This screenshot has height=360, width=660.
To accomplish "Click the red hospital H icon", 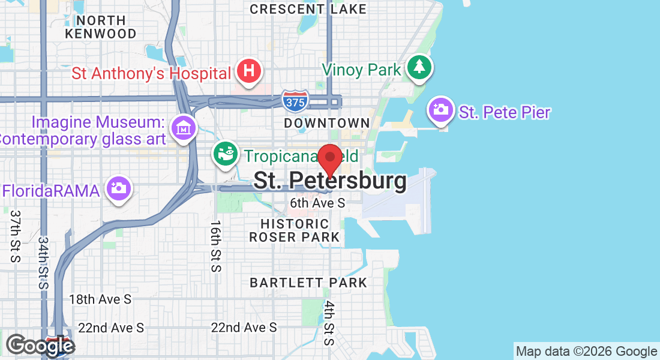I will click(249, 71).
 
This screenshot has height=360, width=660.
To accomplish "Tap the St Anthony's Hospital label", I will click(151, 74).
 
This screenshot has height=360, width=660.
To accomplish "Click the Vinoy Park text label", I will click(361, 70).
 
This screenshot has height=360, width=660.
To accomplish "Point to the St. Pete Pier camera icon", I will click(441, 109).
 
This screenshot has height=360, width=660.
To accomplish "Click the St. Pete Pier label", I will click(505, 112).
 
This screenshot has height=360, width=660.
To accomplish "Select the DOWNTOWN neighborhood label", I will click(327, 123).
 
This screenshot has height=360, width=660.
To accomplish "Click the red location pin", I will click(329, 160).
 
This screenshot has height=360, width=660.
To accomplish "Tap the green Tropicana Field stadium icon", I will click(226, 154).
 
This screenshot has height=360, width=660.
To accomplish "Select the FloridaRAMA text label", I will click(51, 191).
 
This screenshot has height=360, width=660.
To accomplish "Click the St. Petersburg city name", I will click(330, 181).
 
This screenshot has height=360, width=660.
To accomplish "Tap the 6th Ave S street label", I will click(318, 203).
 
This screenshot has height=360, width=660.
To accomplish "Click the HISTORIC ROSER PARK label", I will click(295, 230).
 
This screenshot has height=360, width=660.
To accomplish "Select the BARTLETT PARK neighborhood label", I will click(308, 282).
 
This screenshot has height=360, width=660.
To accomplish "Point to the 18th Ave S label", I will click(100, 299).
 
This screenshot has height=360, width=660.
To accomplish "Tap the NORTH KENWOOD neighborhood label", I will click(101, 27).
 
